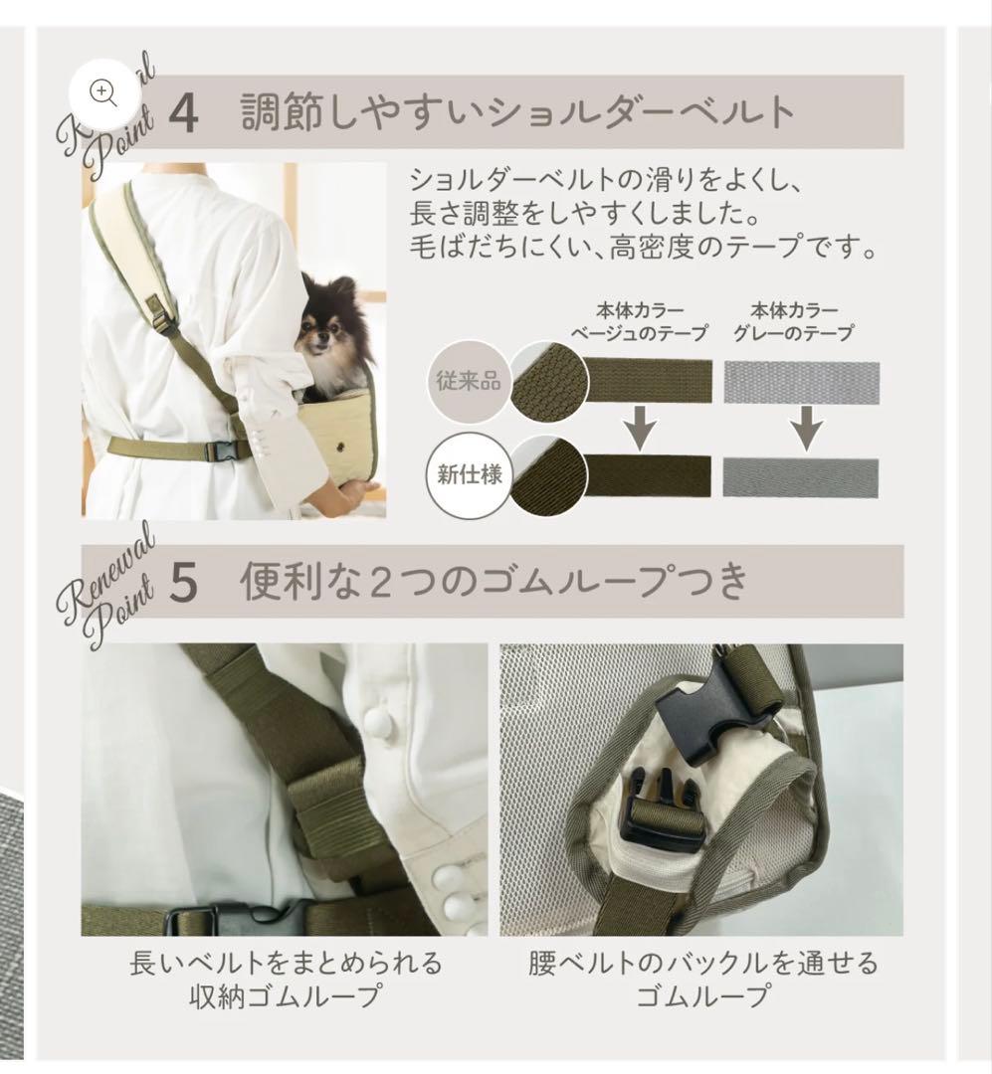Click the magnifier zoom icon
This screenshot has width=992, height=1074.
(103, 92)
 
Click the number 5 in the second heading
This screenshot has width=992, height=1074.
(184, 583)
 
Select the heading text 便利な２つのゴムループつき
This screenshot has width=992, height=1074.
(494, 582)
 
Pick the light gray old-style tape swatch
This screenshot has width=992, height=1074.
(801, 381)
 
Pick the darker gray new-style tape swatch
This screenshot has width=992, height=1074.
(801, 477)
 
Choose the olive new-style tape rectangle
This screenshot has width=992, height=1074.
(648, 474)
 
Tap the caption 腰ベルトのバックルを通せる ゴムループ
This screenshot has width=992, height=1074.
(702, 979)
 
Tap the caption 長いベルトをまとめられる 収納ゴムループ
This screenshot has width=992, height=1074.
(286, 979)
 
